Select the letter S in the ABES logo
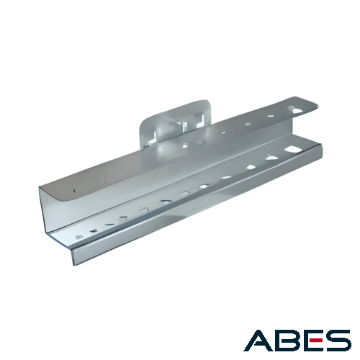[338, 341]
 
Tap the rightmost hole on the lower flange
[291, 149]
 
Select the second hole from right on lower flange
[271, 158]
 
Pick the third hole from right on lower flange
[251, 167]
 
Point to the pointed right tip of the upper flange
[320, 106]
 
